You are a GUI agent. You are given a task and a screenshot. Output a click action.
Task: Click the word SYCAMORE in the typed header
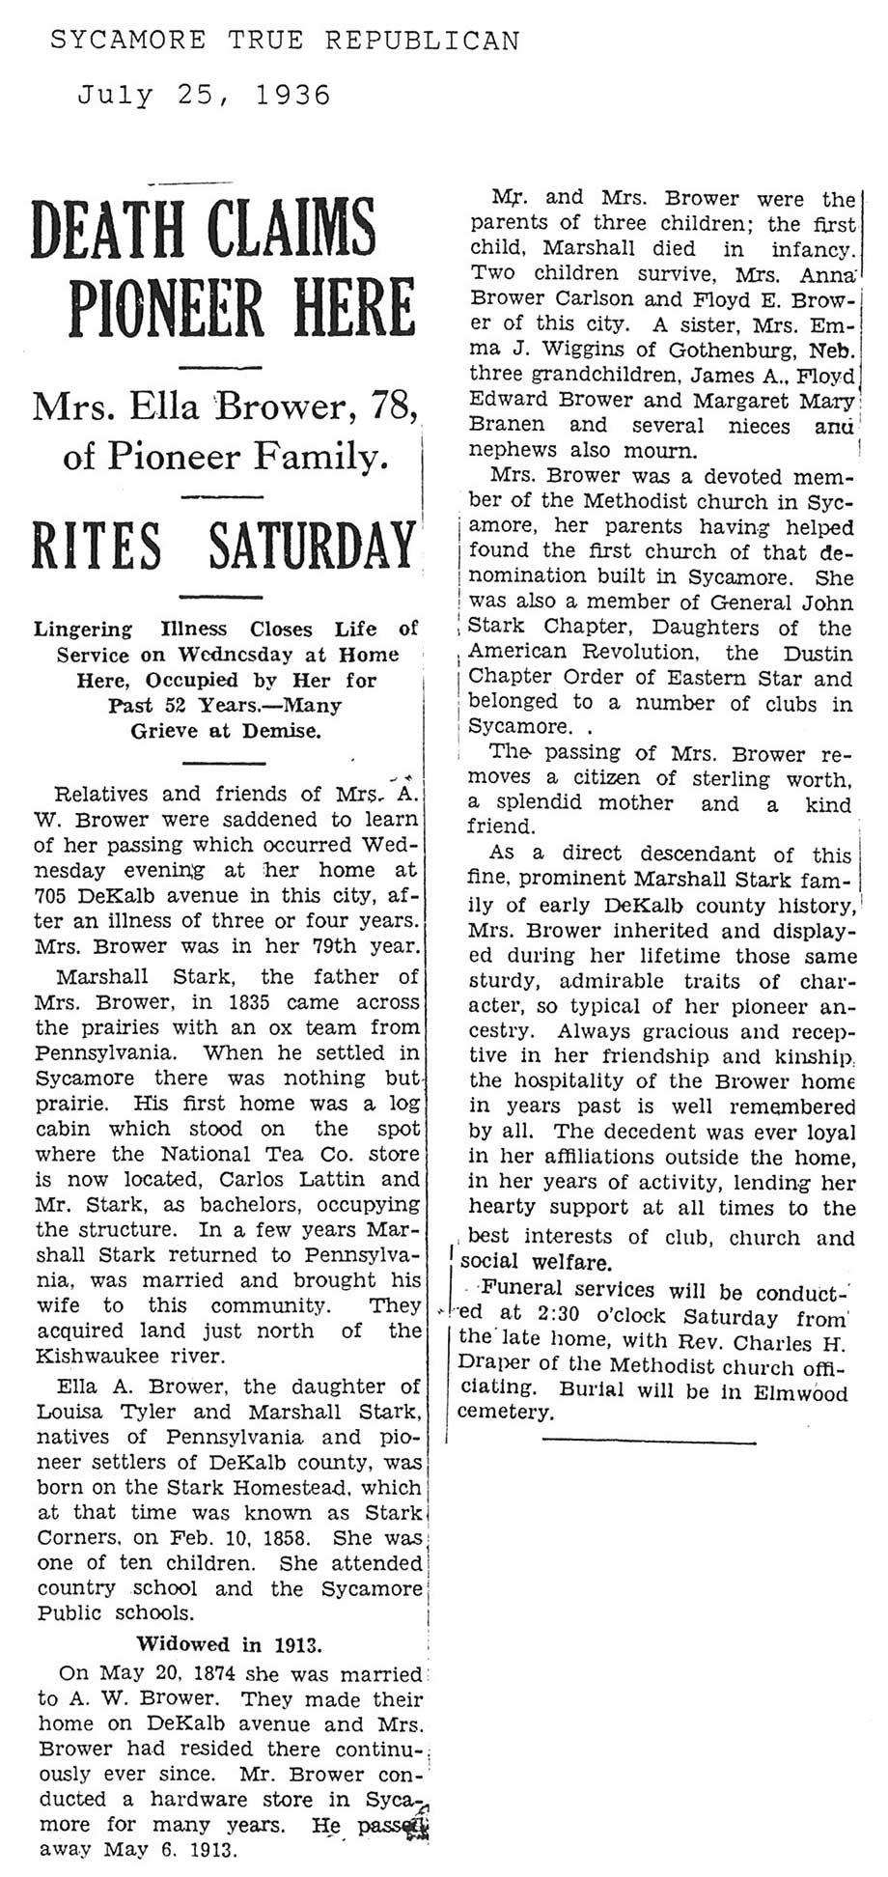[x=126, y=41]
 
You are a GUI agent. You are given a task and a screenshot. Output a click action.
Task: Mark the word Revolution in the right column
[x=630, y=652]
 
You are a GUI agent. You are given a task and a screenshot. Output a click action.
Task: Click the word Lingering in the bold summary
[x=83, y=629]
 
